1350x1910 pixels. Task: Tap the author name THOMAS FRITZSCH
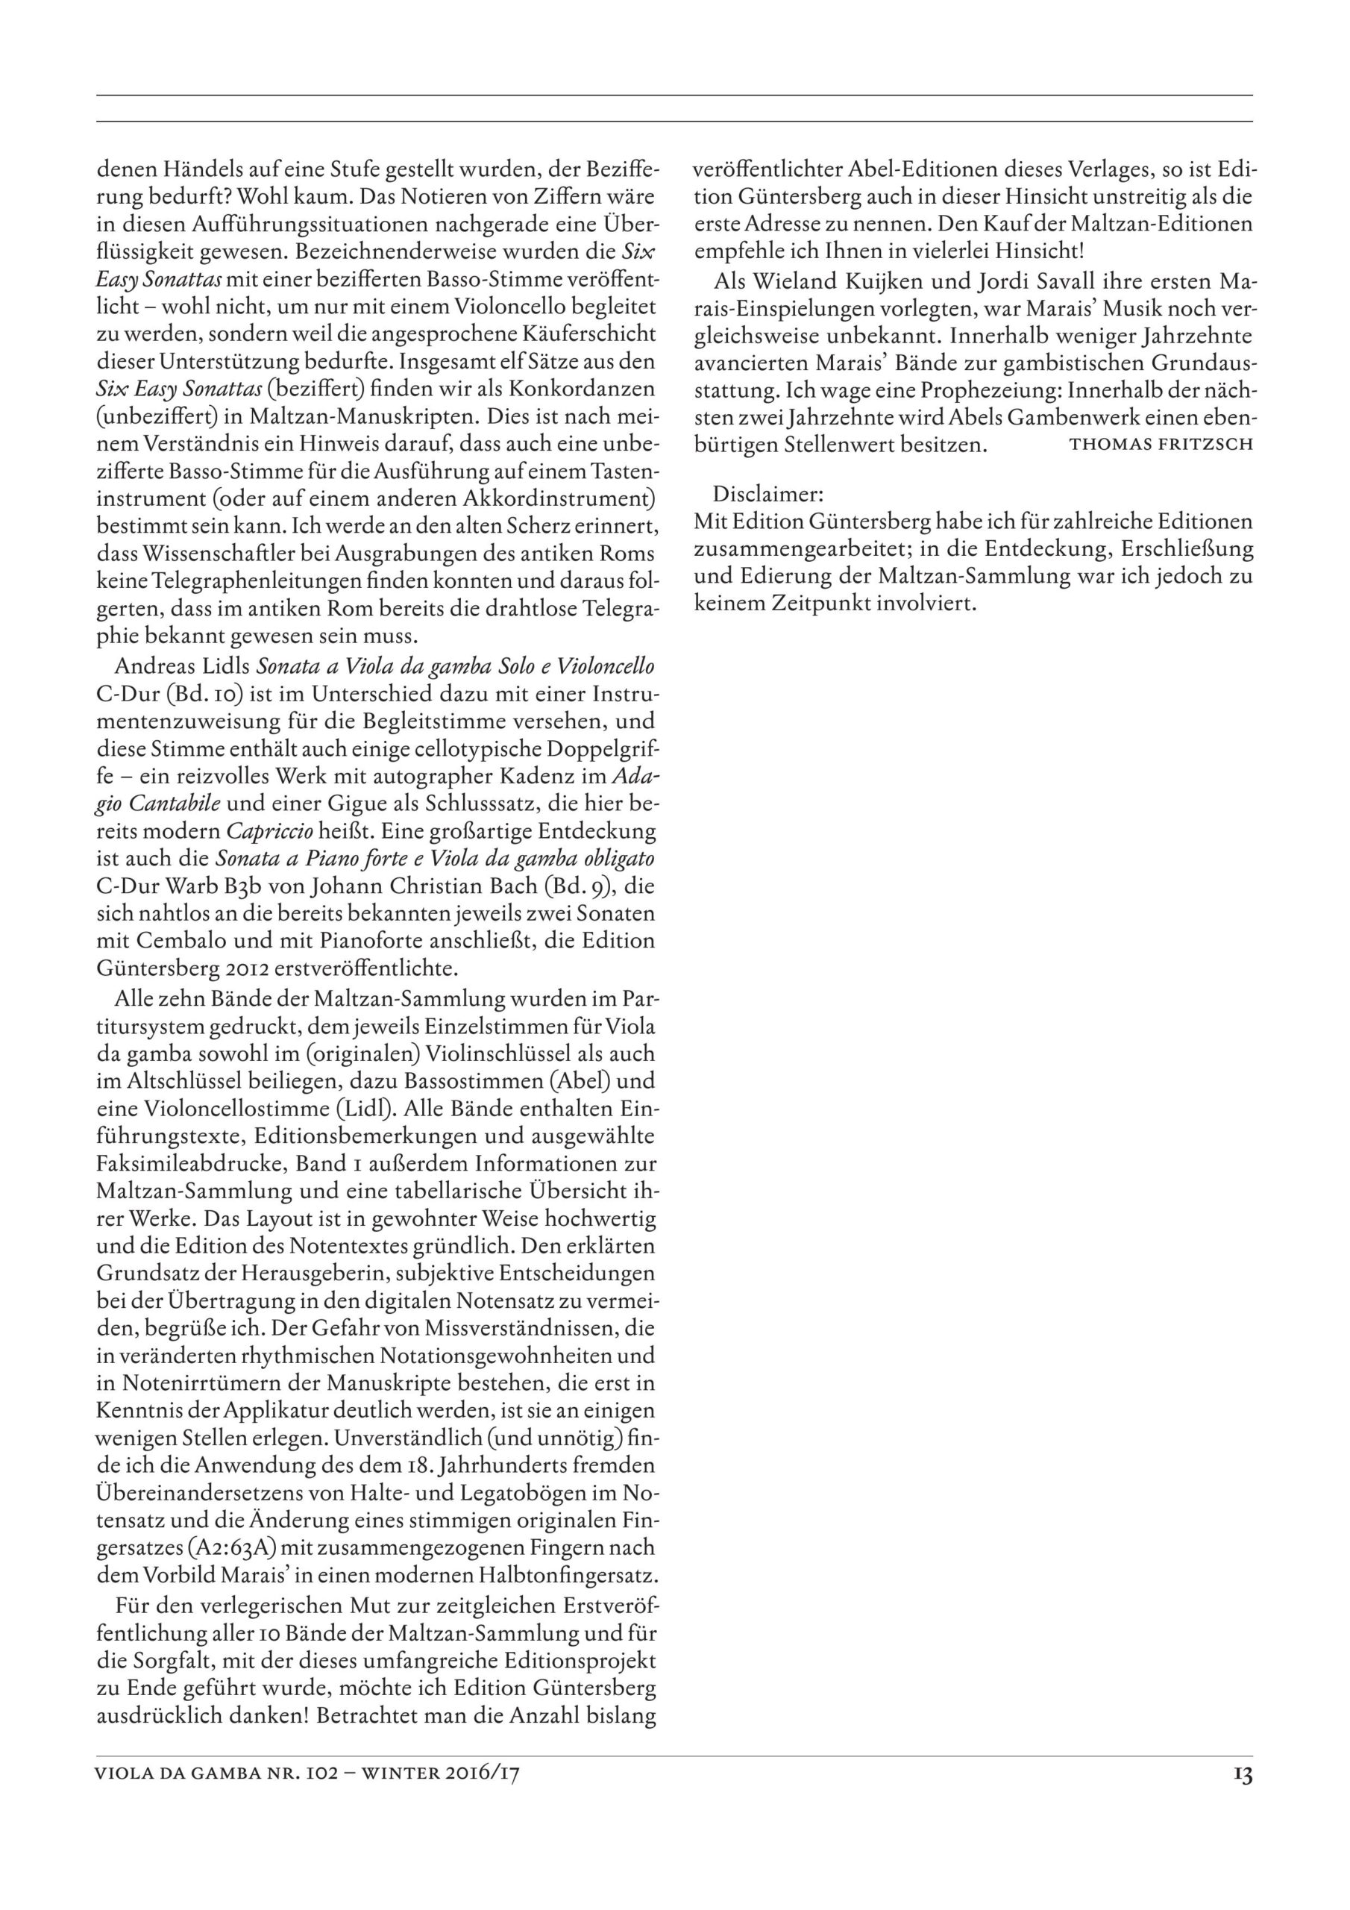click(1161, 444)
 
